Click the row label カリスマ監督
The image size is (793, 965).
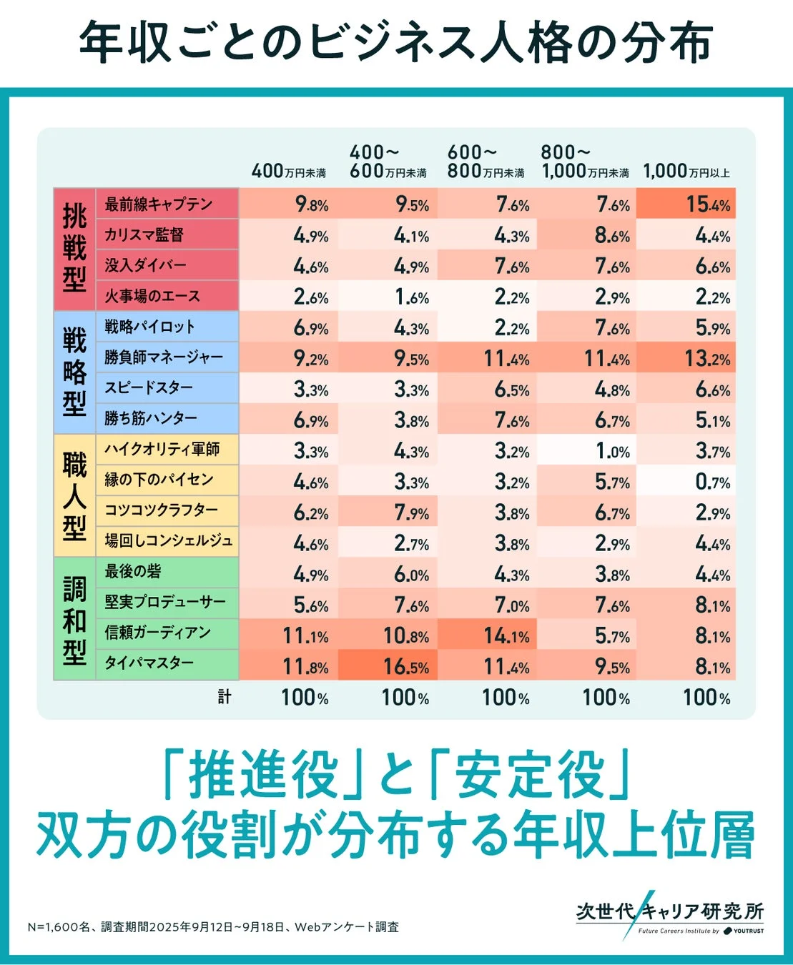pos(144,234)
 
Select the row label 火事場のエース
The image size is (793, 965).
pos(152,296)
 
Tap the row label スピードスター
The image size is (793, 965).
pos(149,388)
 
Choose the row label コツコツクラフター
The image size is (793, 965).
pos(161,510)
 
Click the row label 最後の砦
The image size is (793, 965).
pos(133,572)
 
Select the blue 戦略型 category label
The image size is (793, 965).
pos(74,372)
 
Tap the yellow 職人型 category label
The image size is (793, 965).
pos(74,495)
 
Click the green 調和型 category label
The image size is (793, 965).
pos(74,619)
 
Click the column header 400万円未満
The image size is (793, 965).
pos(289,172)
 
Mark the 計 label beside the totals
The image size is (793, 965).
pos(225,697)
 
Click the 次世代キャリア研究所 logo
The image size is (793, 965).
pos(669,915)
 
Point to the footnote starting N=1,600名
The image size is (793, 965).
pos(213,927)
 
